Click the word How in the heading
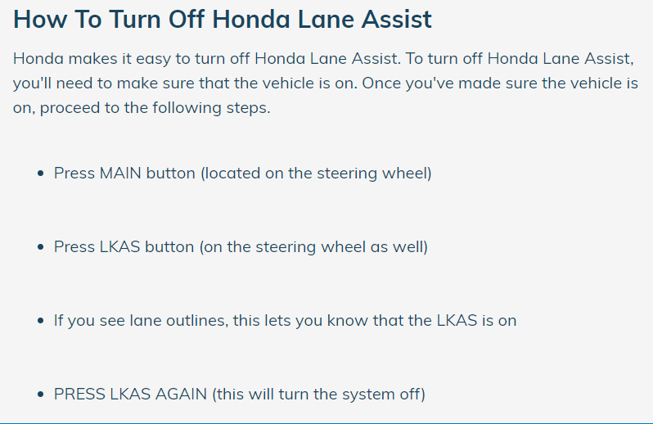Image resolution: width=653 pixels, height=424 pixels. click(37, 19)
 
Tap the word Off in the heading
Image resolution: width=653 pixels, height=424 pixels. click(187, 19)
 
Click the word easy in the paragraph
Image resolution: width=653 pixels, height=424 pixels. click(153, 59)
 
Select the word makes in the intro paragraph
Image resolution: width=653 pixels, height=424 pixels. click(92, 58)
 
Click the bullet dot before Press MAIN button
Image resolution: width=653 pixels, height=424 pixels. click(40, 174)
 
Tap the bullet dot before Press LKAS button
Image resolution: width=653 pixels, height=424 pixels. click(40, 247)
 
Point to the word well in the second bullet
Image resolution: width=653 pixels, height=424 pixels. click(410, 246)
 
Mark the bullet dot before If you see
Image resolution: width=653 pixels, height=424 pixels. click(40, 321)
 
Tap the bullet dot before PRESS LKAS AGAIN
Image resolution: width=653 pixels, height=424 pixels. click(40, 395)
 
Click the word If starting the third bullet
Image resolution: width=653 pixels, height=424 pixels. click(58, 320)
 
